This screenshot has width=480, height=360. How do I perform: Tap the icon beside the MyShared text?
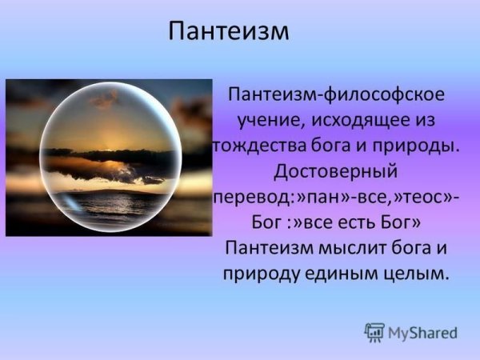pos(374,331)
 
